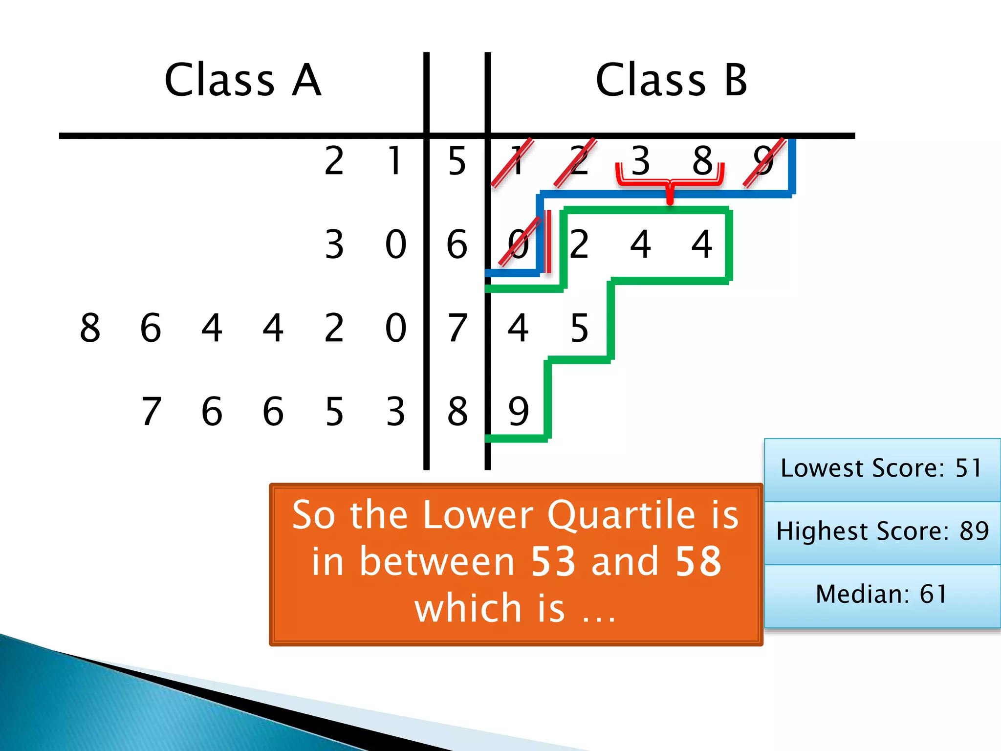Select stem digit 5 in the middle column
pos(457,161)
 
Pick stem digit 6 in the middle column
pos(457,244)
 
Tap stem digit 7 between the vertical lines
pos(457,328)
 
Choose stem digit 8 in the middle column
pos(457,411)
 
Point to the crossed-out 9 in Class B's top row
pos(763,161)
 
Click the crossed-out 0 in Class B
pos(518,244)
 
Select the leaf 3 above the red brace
pos(640,161)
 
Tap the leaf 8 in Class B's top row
pos(702,161)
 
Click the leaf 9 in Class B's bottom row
pos(518,411)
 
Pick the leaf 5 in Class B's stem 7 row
pos(579,328)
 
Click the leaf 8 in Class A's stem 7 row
pos(90,328)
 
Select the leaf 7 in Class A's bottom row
pos(151,411)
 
